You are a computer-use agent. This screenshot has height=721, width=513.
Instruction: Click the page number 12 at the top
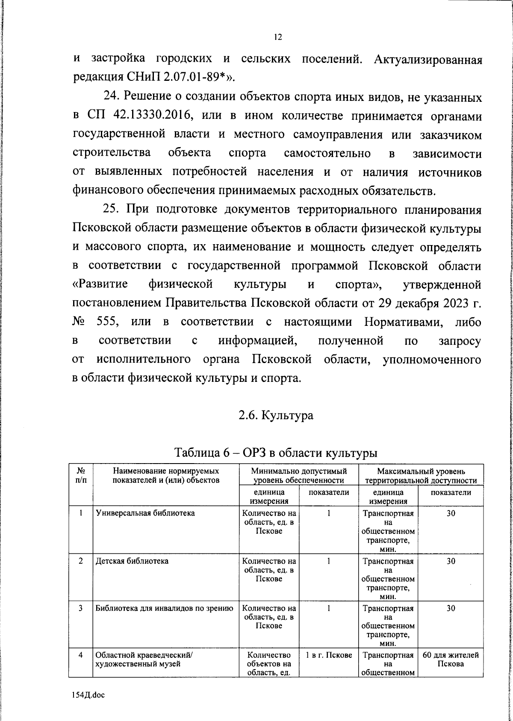(x=277, y=37)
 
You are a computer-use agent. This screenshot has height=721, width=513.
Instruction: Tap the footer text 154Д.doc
(x=88, y=695)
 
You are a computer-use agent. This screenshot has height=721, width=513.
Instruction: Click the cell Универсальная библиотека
(x=145, y=513)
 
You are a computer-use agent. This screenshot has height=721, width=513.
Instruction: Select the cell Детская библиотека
(x=132, y=561)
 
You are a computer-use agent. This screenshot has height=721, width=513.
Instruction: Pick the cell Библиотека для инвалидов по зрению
(x=164, y=608)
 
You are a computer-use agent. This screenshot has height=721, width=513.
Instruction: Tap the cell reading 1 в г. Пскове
(x=329, y=655)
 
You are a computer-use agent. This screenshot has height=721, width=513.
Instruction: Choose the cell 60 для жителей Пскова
(x=451, y=659)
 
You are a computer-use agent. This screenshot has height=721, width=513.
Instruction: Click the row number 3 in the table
(x=80, y=608)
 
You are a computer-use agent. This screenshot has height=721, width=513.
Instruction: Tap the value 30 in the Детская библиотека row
(x=451, y=561)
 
